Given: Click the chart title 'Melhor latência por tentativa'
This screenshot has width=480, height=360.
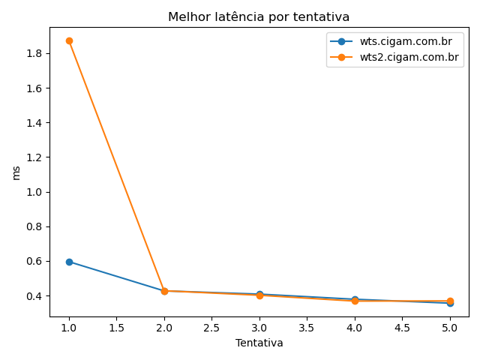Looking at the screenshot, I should click(259, 16).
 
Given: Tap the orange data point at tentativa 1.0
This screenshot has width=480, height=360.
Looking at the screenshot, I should click(69, 40).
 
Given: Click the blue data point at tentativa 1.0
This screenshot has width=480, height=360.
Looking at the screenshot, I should click(69, 262).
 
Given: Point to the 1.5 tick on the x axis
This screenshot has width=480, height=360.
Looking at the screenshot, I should click(116, 328).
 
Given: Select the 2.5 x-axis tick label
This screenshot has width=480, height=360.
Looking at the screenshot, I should click(211, 328).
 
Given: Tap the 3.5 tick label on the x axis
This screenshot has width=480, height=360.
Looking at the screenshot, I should click(307, 328).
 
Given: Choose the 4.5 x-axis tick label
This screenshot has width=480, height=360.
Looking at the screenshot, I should click(402, 328).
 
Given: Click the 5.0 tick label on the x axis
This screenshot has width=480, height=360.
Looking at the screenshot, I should click(450, 328).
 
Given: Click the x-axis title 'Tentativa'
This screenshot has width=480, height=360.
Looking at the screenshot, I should click(259, 343).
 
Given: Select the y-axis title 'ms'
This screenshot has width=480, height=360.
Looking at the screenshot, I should click(16, 172).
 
